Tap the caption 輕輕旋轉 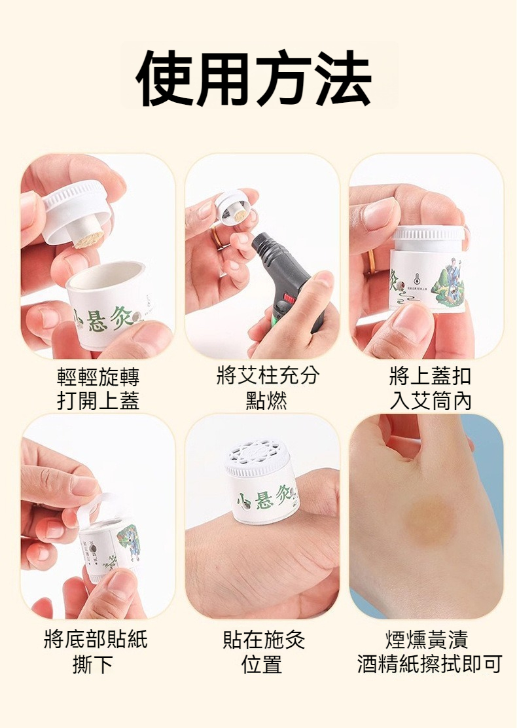click(98, 378)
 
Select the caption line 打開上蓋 click(98, 401)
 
